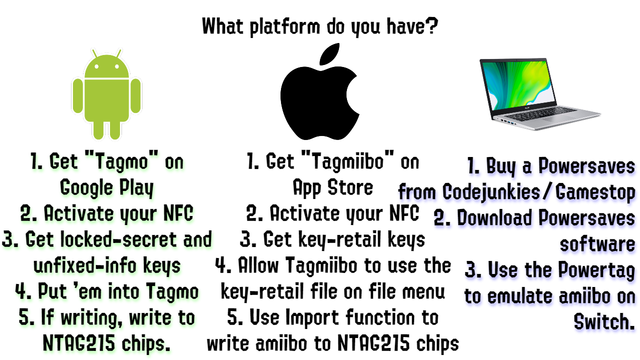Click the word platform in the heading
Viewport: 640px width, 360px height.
click(x=285, y=27)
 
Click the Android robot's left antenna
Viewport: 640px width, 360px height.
click(x=95, y=53)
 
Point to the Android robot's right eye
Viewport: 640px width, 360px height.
click(x=117, y=66)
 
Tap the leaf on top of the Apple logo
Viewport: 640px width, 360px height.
click(x=329, y=54)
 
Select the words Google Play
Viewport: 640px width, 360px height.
click(x=107, y=188)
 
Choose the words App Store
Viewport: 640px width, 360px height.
click(x=333, y=188)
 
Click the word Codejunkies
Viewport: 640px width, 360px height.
click(x=491, y=192)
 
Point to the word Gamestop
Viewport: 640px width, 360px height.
click(x=595, y=192)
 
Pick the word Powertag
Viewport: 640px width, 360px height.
click(x=596, y=270)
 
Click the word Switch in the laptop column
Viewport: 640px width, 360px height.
click(x=604, y=321)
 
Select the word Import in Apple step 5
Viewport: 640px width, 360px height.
click(x=312, y=317)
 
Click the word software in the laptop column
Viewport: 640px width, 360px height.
click(x=597, y=244)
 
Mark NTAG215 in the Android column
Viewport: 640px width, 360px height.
click(x=79, y=343)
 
